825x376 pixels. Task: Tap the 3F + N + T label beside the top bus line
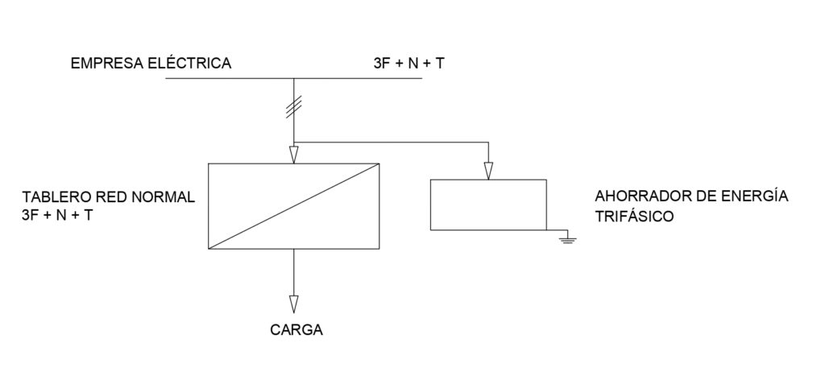(x=408, y=64)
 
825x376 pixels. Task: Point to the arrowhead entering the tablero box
(x=293, y=155)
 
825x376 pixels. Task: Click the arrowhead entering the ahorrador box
(x=488, y=171)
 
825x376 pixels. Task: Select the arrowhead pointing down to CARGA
(x=293, y=304)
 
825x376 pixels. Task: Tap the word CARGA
(x=296, y=330)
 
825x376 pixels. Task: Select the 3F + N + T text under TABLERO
(x=56, y=215)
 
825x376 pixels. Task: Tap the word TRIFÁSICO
(x=634, y=215)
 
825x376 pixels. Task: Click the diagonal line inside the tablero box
(x=293, y=206)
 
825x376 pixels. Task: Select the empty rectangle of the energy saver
(x=488, y=180)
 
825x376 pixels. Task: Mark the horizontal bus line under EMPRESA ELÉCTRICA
(x=293, y=78)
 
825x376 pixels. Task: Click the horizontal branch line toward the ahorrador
(x=391, y=142)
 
